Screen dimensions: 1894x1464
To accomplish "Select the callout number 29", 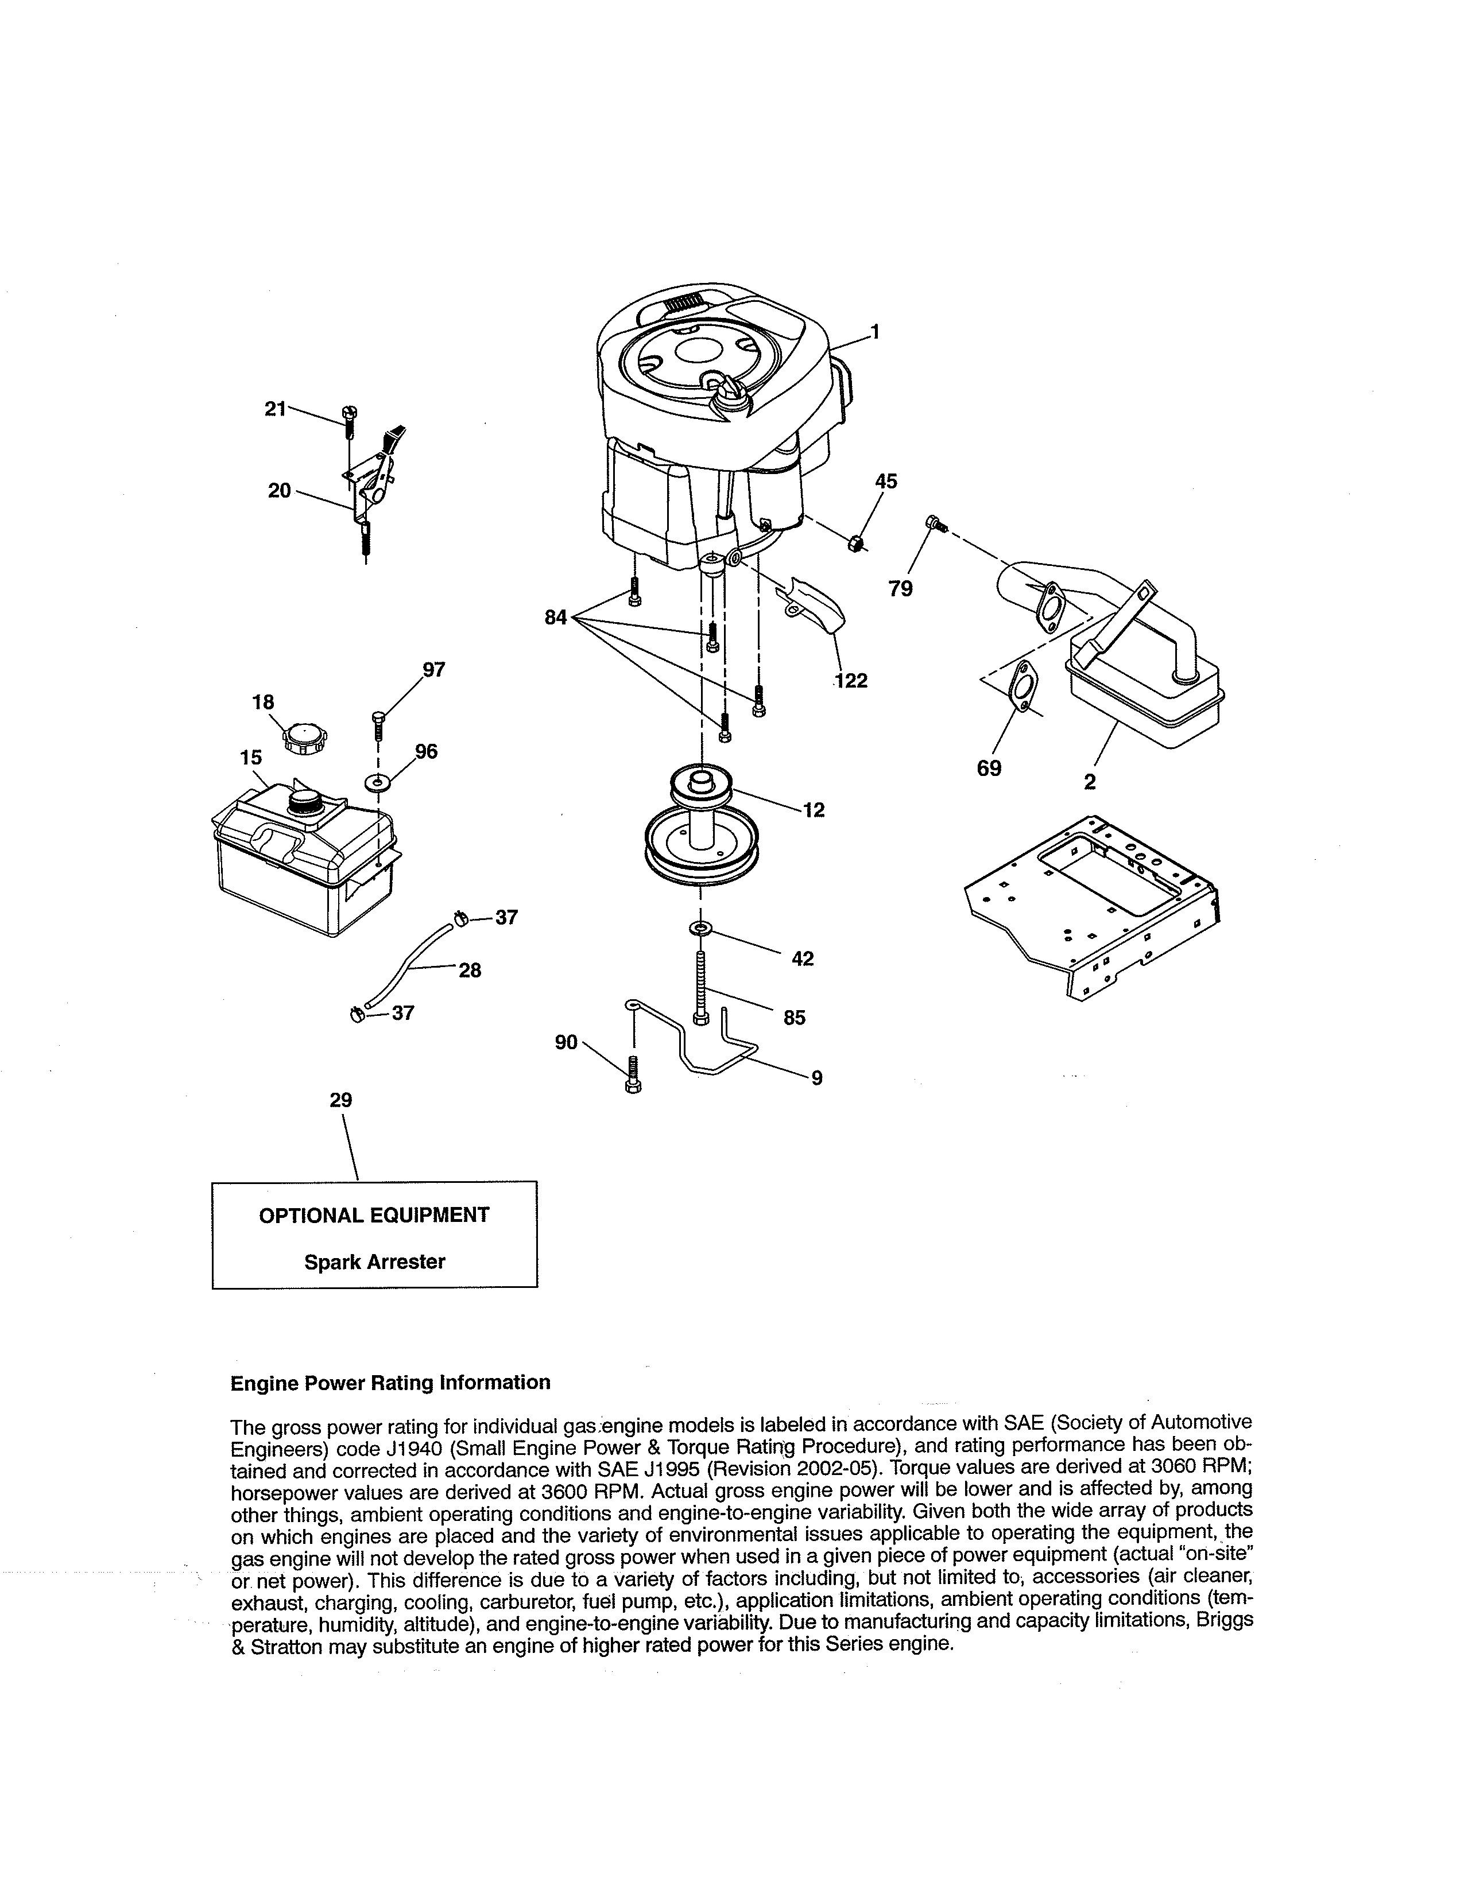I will click(x=341, y=1100).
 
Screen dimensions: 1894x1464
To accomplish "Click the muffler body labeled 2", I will click(x=1145, y=694).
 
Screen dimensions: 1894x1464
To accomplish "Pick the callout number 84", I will click(x=556, y=618).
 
